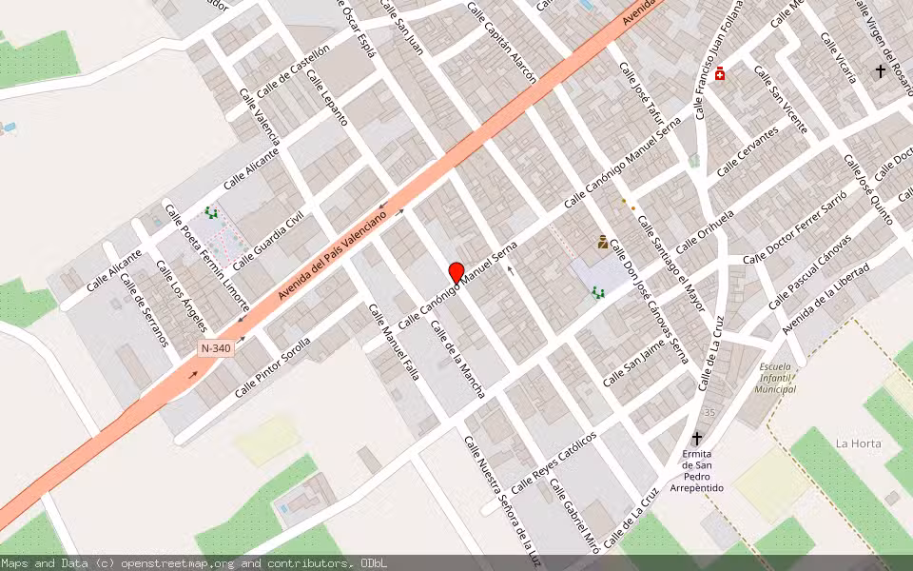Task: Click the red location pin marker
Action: (456, 272)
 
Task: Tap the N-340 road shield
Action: (216, 348)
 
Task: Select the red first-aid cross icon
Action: (720, 73)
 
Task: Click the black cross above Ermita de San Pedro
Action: (697, 438)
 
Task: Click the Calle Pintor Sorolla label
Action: (273, 367)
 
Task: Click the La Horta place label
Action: (858, 443)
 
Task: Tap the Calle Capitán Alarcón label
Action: (501, 42)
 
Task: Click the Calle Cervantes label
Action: (748, 151)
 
